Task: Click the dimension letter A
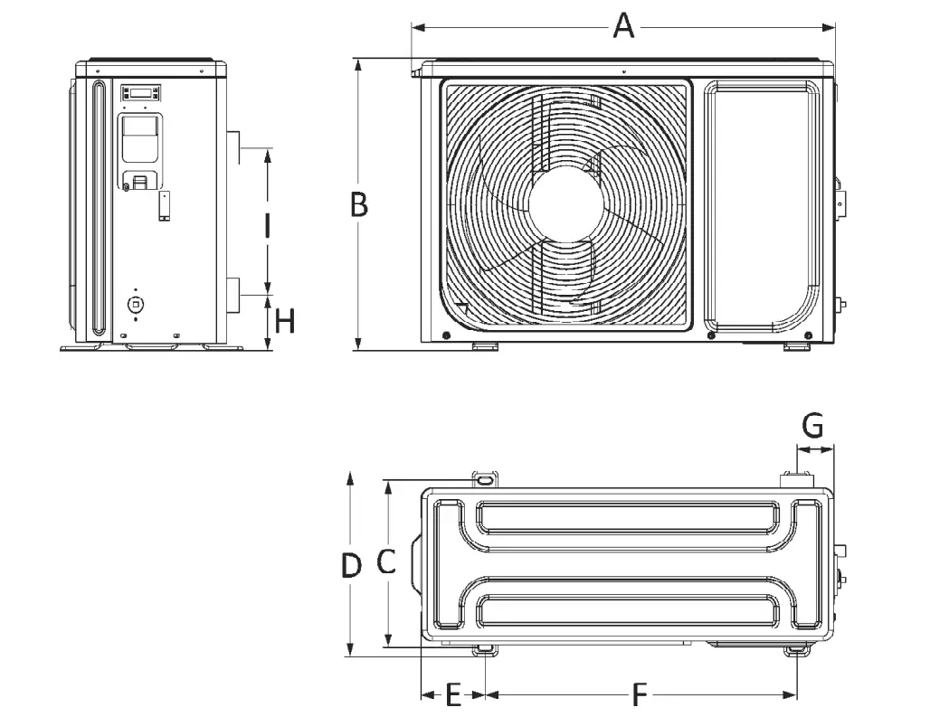pos(623,25)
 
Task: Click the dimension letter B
pos(359,205)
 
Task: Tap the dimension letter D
pos(351,566)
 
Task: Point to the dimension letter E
pos(454,695)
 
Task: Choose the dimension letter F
pos(640,695)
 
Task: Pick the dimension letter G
pos(813,423)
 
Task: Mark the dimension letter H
pos(285,321)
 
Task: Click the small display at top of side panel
pos(140,92)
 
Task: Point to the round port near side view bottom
pos(136,304)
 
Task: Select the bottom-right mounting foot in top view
pos(796,650)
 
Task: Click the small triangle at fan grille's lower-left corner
pos(462,307)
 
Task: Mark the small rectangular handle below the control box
pos(165,205)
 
